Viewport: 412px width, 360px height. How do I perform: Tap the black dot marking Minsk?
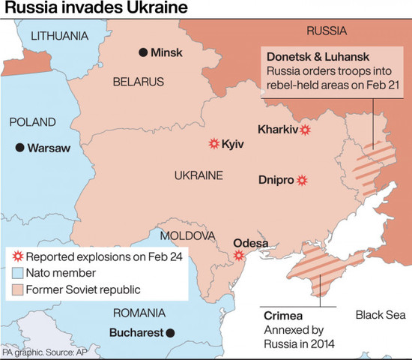click(142, 52)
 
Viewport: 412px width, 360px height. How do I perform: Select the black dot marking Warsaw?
click(19, 148)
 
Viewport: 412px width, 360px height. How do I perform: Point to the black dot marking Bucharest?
click(170, 332)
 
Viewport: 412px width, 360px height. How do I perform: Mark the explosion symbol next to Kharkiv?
click(305, 129)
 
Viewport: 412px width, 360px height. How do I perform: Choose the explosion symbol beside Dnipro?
click(302, 180)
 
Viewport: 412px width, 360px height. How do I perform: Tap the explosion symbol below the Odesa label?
click(239, 255)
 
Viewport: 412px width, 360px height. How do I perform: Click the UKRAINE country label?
click(199, 175)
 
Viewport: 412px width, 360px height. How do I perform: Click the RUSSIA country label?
click(327, 31)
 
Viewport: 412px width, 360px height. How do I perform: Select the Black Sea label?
click(379, 314)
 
